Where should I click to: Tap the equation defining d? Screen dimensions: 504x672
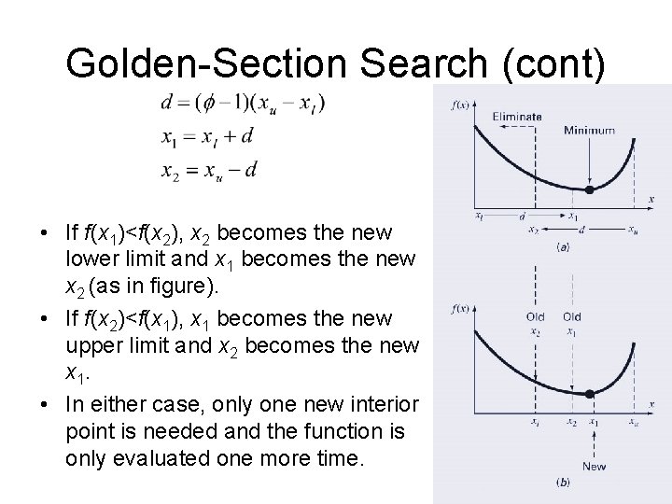pos(242,103)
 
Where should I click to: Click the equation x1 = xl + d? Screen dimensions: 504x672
pos(206,138)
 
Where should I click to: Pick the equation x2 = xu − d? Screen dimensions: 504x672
pos(208,170)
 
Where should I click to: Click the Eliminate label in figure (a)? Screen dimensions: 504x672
pos(516,117)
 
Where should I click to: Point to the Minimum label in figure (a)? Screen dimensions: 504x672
pos(589,131)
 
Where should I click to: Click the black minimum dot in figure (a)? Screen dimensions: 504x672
pos(589,190)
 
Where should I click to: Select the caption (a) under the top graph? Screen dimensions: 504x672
pos(563,248)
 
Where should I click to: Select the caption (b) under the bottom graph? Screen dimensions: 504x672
pos(563,482)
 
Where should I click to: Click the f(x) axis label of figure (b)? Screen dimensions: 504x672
pos(460,309)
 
